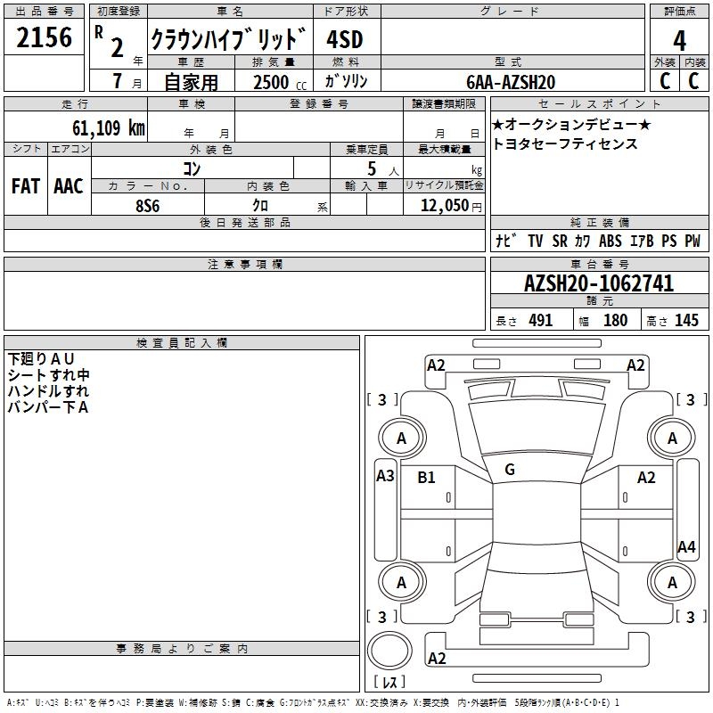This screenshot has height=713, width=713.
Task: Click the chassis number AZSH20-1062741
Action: click(x=599, y=284)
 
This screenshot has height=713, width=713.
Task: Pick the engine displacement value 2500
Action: click(x=271, y=82)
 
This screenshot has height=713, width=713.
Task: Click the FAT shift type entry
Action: click(x=25, y=186)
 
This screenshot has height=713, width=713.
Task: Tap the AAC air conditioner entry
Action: click(x=69, y=186)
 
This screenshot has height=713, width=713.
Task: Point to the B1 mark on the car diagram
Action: click(x=427, y=478)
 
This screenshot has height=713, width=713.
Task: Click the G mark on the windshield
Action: click(x=510, y=469)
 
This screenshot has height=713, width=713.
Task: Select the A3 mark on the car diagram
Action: click(x=385, y=476)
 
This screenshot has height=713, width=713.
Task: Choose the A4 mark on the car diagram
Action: click(x=686, y=547)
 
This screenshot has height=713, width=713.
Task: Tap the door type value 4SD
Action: click(x=345, y=39)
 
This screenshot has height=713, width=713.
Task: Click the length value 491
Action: click(x=540, y=321)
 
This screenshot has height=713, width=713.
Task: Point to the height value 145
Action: click(x=686, y=321)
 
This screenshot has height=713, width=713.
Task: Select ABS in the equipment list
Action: click(x=611, y=242)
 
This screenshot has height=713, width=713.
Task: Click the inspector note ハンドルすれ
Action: click(x=48, y=391)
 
